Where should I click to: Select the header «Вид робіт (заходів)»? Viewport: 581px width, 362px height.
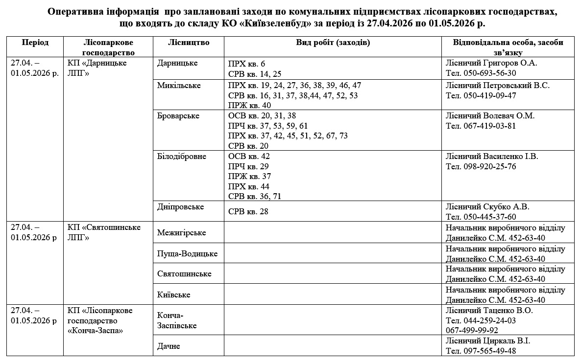click(x=333, y=43)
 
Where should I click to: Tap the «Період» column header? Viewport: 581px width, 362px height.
click(x=35, y=43)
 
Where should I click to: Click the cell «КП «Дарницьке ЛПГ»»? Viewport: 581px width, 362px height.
click(x=97, y=68)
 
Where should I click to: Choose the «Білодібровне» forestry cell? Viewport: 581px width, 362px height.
click(x=182, y=157)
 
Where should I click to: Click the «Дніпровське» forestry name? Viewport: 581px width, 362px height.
click(x=180, y=207)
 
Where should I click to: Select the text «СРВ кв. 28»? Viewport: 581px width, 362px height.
click(x=248, y=212)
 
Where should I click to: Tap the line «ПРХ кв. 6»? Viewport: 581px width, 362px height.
click(x=246, y=64)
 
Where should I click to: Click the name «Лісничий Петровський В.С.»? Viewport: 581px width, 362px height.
click(x=497, y=86)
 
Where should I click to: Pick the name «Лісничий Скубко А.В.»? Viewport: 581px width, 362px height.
click(x=487, y=207)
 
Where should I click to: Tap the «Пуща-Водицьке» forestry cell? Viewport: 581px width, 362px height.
click(x=187, y=253)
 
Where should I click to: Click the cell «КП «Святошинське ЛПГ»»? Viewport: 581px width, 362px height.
click(x=103, y=232)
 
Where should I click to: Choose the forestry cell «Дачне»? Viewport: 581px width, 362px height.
click(x=169, y=346)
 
